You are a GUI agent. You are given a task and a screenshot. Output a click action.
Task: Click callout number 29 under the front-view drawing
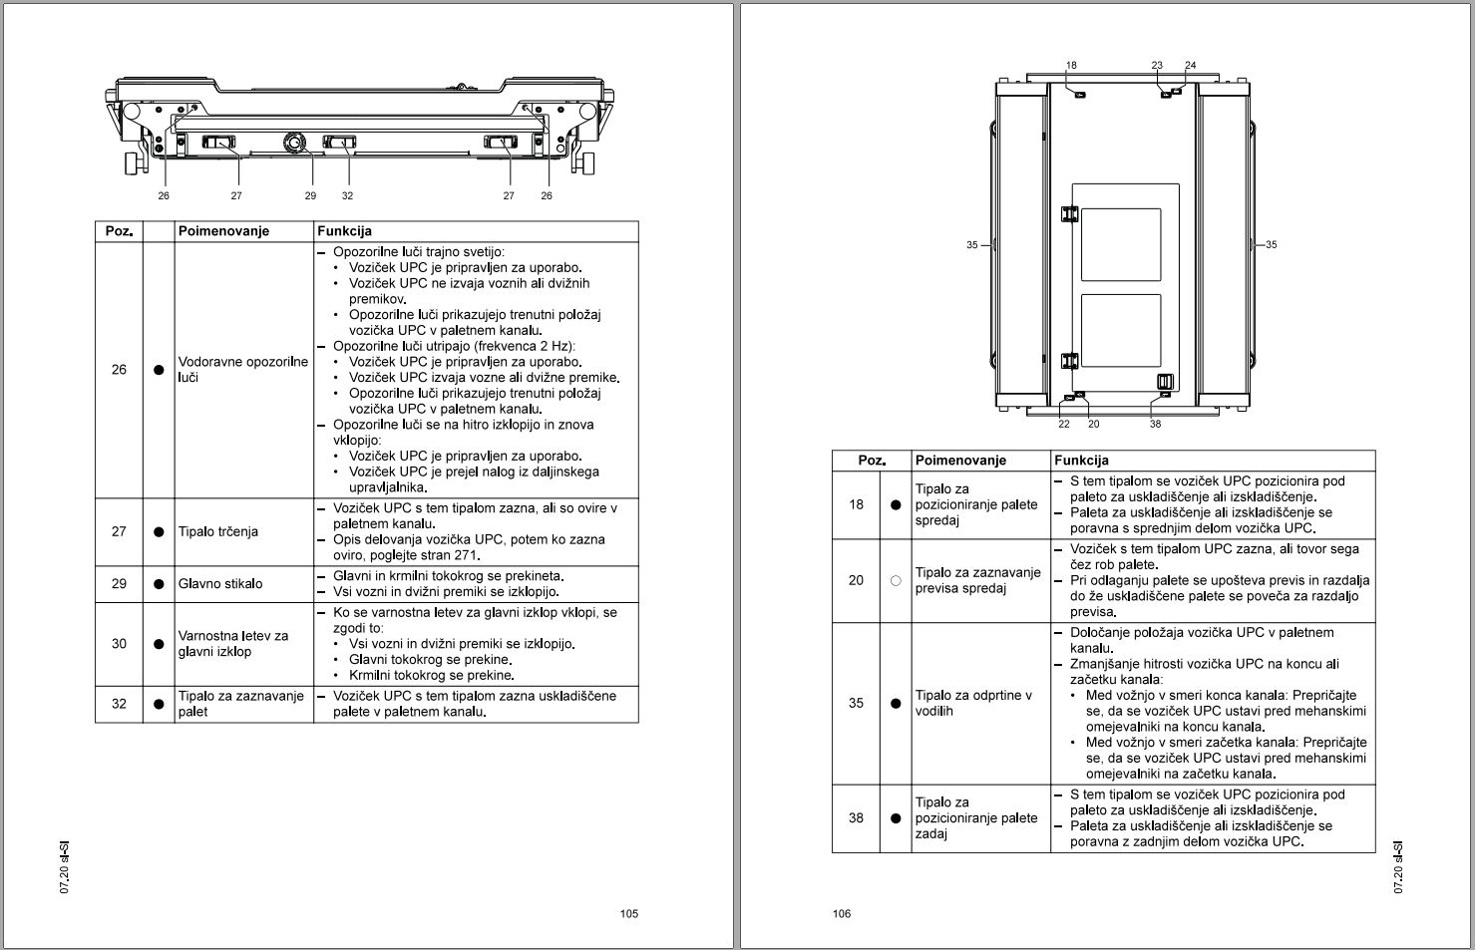click(310, 195)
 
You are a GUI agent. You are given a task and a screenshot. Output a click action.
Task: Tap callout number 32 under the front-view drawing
click(348, 195)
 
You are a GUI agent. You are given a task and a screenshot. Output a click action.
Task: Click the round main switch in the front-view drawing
click(294, 143)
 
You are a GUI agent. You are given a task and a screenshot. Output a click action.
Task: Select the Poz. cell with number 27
click(119, 531)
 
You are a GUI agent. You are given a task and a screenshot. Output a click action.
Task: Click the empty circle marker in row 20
click(896, 580)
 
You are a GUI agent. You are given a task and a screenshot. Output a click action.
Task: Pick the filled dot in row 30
click(159, 644)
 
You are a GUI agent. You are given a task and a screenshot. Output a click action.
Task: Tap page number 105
click(629, 913)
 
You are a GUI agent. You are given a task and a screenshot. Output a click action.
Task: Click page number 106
click(842, 913)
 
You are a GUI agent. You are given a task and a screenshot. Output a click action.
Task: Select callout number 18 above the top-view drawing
click(1071, 65)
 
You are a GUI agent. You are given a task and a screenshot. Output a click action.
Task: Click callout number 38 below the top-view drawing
click(1156, 424)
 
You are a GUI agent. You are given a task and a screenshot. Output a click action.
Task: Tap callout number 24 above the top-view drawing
click(1191, 65)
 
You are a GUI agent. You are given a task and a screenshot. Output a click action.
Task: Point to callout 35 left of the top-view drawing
click(972, 245)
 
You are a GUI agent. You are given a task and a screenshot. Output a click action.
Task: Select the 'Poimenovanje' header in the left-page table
click(223, 231)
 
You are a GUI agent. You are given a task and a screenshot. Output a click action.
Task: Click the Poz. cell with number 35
click(856, 703)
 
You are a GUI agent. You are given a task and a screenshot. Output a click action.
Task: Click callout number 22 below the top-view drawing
click(1064, 424)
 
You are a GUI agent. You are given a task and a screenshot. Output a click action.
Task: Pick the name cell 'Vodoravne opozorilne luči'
click(243, 370)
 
